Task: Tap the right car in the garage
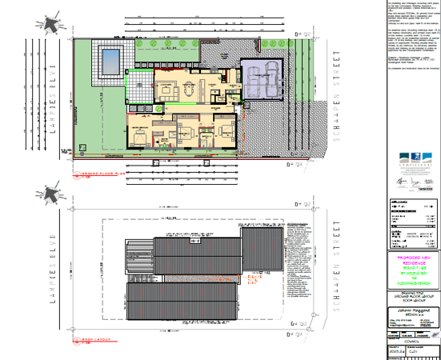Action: [275, 78]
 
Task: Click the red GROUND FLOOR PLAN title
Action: [101, 172]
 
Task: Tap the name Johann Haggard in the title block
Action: [413, 309]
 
